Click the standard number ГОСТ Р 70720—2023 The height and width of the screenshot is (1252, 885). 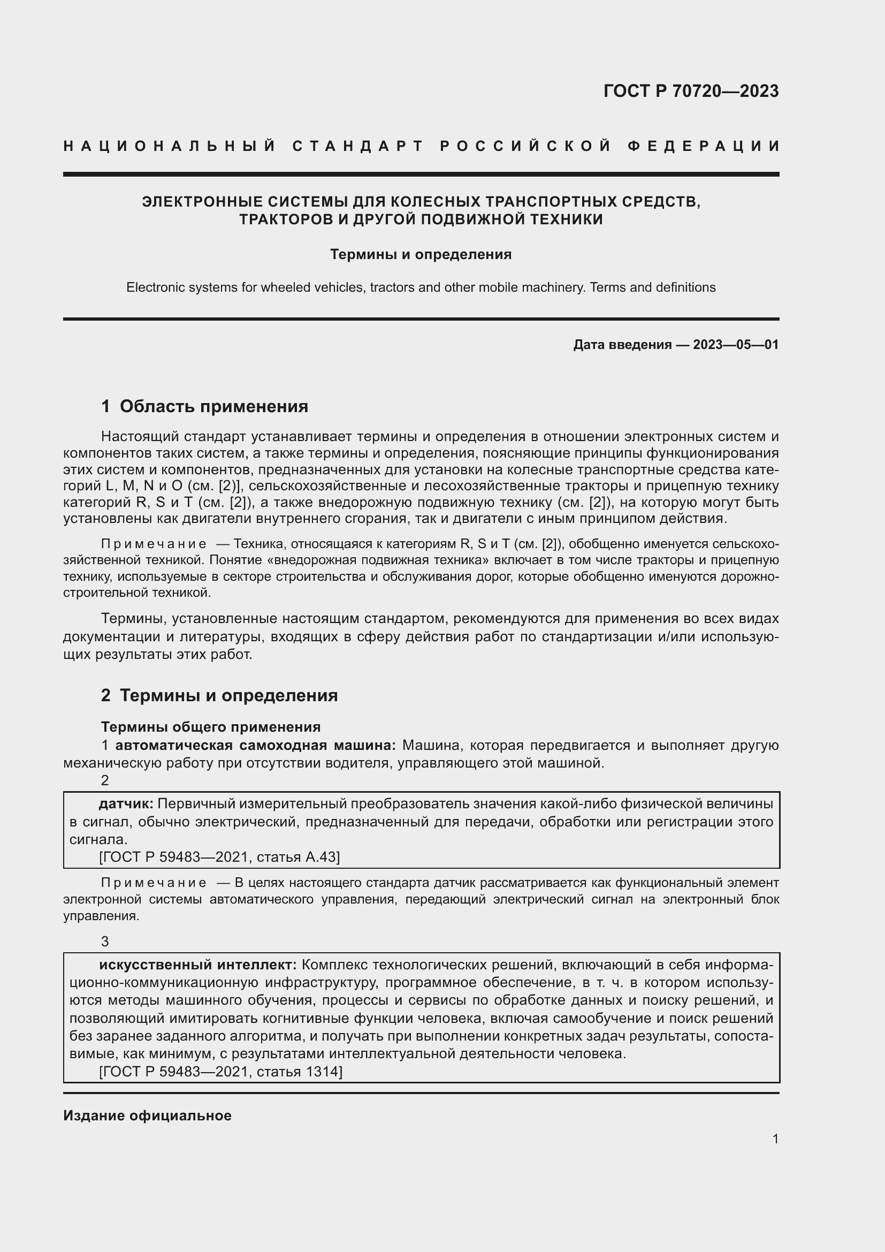coord(690,91)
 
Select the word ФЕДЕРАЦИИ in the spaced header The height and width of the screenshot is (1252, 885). coord(704,146)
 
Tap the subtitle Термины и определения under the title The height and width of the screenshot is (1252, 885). coord(421,255)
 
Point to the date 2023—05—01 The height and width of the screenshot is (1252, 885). coord(736,345)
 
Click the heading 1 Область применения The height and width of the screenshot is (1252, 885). coord(204,406)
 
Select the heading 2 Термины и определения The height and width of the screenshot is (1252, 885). coord(219,695)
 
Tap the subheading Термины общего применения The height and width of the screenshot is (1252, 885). coord(211,727)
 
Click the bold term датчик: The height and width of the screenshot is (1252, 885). coord(126,804)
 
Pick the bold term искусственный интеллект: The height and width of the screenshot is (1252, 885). coord(197,965)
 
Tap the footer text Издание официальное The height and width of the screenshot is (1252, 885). coord(147,1116)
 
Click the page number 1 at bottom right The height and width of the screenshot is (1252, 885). coord(775,1139)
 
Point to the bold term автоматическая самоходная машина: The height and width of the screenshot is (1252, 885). coord(256,746)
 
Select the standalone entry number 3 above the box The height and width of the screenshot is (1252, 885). coord(105,942)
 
